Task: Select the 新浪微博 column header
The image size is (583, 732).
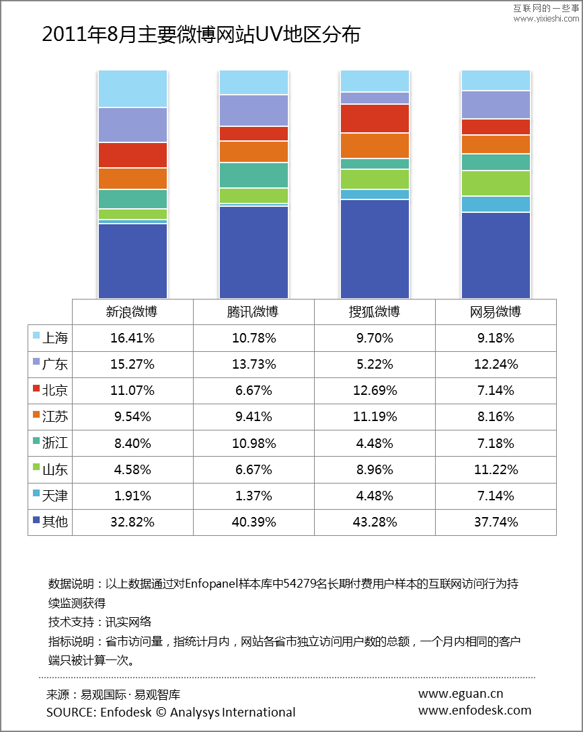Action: tap(132, 312)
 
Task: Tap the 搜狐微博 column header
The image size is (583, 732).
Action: tap(375, 312)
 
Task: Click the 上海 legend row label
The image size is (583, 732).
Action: tap(54, 338)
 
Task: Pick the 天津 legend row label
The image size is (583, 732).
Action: tap(54, 496)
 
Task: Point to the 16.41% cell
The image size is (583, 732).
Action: tap(132, 338)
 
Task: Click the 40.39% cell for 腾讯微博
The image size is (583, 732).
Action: tap(254, 522)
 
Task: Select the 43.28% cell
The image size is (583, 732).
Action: tap(375, 522)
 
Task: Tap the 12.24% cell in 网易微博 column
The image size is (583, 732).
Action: tap(496, 364)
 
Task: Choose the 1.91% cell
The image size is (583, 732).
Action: tap(132, 496)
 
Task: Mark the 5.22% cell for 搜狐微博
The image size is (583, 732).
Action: tap(375, 364)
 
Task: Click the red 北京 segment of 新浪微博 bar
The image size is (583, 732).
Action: tap(132, 155)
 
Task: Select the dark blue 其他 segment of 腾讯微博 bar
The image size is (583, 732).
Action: tap(254, 252)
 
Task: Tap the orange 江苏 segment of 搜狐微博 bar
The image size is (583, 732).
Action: tap(375, 146)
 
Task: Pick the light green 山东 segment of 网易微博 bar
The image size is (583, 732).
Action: tap(496, 183)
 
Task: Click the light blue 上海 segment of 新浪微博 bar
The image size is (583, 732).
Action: tap(132, 89)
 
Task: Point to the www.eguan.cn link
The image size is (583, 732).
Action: tap(461, 694)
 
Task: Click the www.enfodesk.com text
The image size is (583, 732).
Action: tap(475, 710)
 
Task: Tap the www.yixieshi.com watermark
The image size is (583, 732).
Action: tap(546, 19)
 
